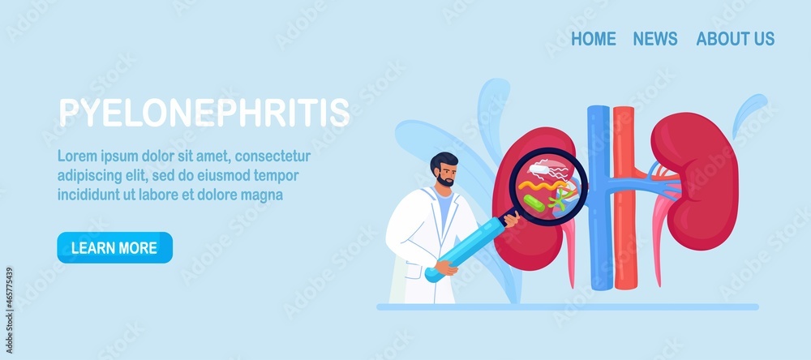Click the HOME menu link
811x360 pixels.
coord(593,39)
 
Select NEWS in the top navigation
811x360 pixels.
coord(655,39)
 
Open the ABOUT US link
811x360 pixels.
coord(735,39)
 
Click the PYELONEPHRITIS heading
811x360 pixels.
coord(204,113)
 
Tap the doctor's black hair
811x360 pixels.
coord(443,160)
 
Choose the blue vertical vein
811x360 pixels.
coord(599,203)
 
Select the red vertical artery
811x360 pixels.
coord(624,203)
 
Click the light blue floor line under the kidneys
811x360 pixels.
coord(568,306)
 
